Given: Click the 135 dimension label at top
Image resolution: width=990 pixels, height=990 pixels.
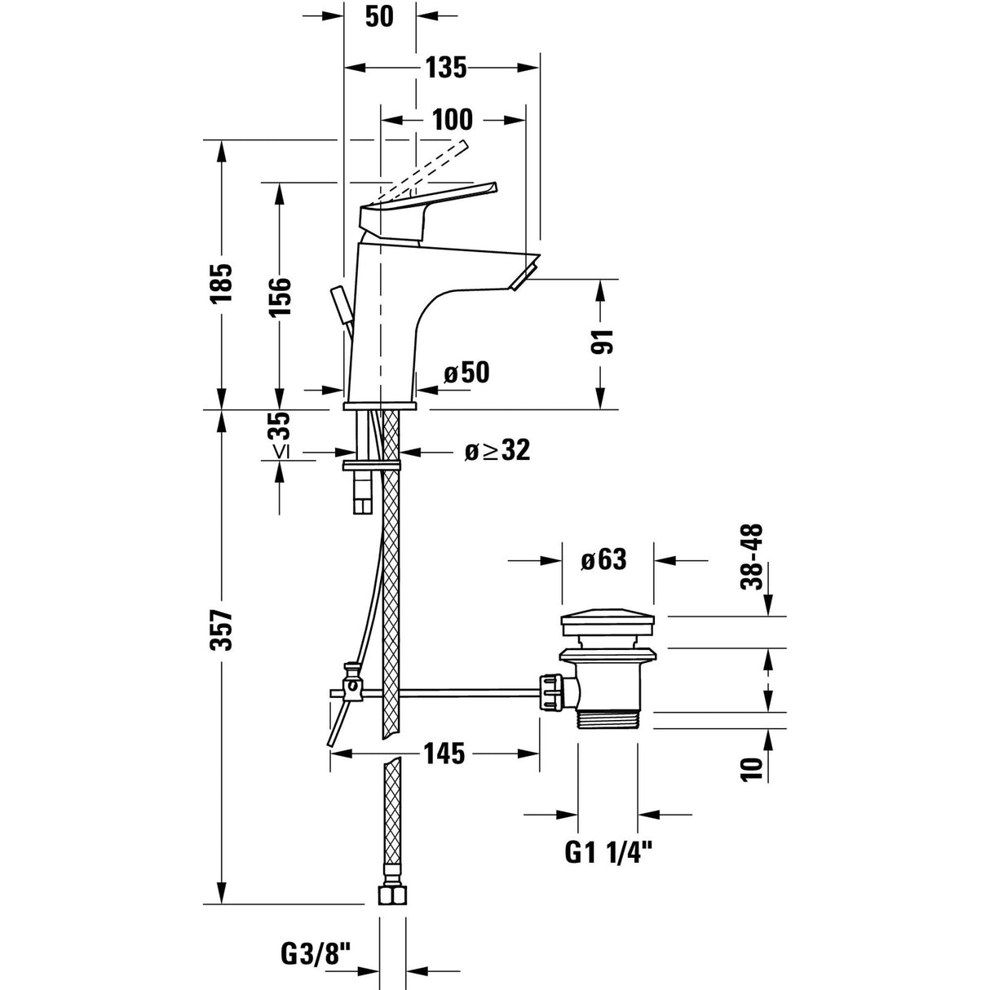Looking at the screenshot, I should (x=444, y=68).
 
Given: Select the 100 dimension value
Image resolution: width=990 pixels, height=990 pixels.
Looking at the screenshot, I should (x=452, y=119).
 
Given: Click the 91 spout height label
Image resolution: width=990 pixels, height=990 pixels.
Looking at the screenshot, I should (x=601, y=343).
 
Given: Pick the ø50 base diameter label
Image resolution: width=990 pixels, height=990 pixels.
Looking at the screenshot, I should (x=466, y=373).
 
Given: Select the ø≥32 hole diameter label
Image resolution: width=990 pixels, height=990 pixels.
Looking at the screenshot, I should (x=497, y=449).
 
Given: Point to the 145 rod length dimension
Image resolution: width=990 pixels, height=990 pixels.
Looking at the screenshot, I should (x=444, y=754).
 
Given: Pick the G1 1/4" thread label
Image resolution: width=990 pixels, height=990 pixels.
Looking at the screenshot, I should (x=609, y=853).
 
